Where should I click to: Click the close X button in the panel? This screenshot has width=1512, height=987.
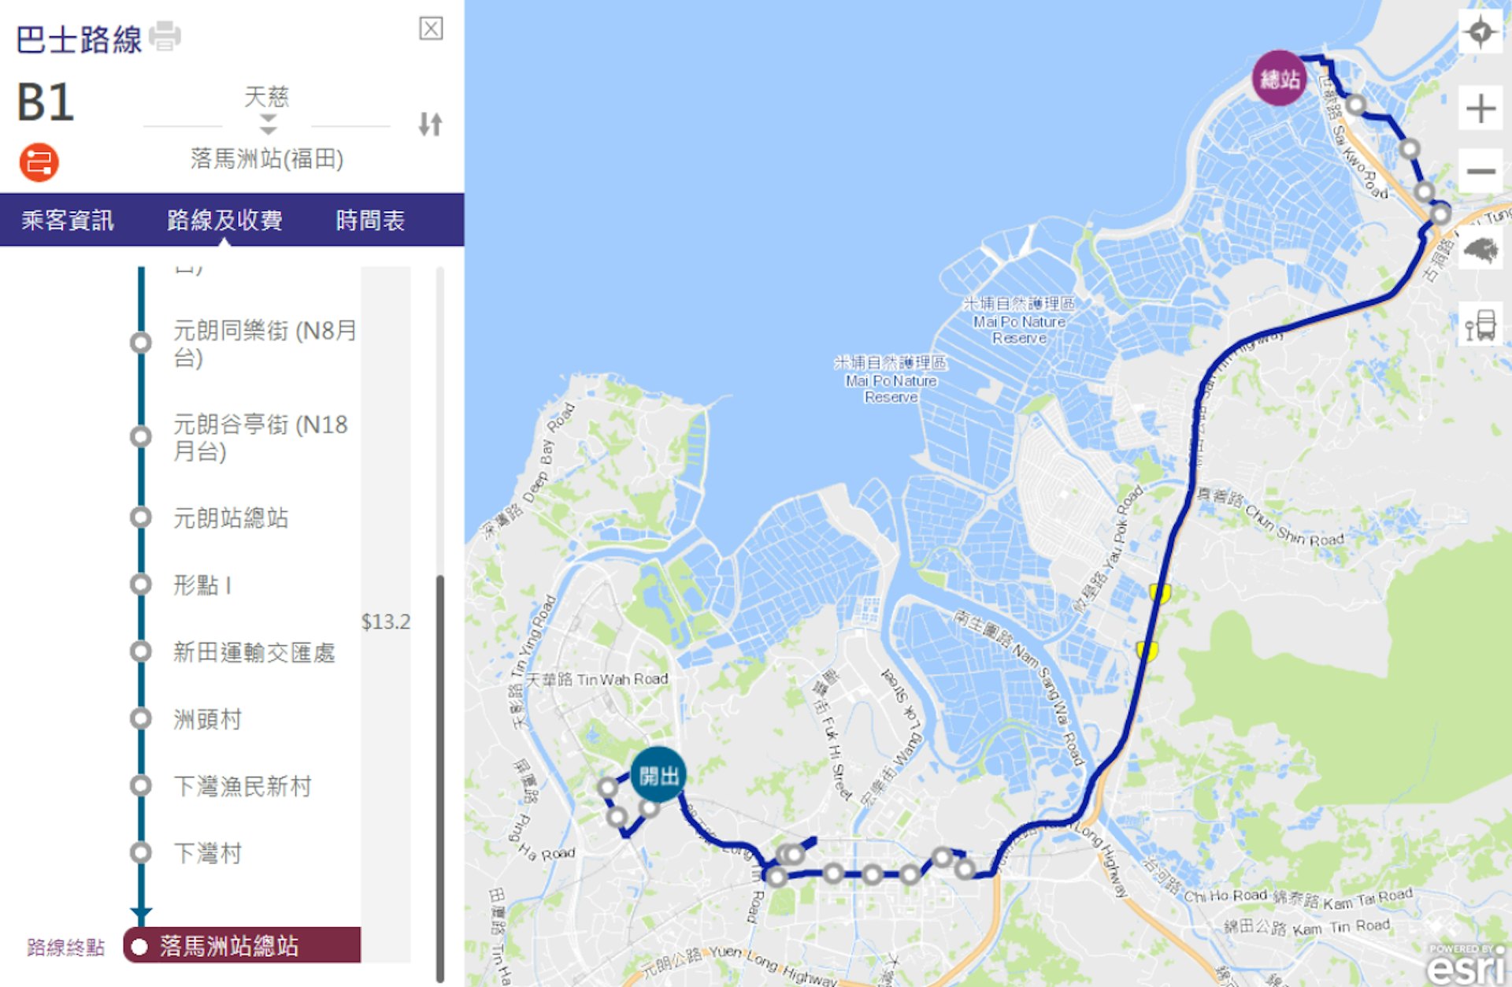(431, 29)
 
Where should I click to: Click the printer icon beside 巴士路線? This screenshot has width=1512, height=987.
(165, 36)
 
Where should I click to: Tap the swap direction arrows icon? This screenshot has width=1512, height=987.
(430, 124)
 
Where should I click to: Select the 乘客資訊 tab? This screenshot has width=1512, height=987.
(68, 221)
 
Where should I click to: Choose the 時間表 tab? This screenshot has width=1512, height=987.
(370, 221)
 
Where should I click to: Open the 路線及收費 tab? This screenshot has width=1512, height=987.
(224, 221)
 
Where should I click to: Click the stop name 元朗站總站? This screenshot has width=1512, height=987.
(231, 518)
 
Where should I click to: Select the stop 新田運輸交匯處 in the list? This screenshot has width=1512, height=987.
(254, 653)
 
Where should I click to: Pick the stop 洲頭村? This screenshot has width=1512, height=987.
(207, 720)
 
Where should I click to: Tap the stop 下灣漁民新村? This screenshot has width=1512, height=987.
(243, 787)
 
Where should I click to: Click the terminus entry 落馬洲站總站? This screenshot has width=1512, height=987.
(228, 946)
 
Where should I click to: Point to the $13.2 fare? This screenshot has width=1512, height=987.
(386, 622)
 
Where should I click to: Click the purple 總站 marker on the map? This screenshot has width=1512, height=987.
(1280, 78)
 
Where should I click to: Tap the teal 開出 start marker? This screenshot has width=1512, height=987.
(658, 775)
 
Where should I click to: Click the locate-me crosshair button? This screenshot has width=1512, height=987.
(1480, 33)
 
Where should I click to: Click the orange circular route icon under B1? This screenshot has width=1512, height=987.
(39, 162)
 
